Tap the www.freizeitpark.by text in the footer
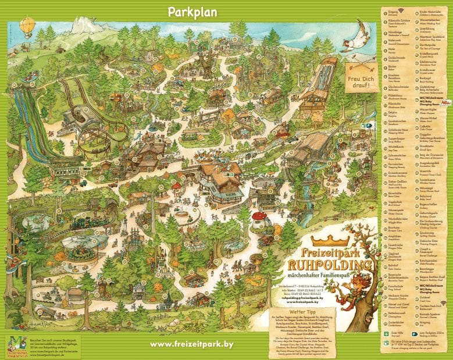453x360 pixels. (x=191, y=344)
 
